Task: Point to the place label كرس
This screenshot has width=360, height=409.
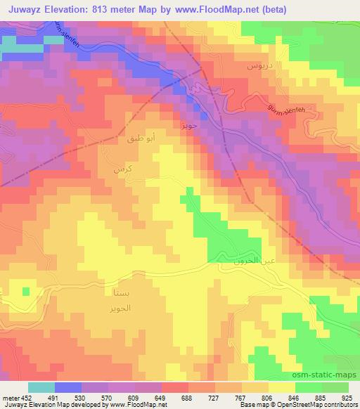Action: point(123,170)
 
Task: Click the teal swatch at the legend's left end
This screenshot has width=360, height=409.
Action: point(41,387)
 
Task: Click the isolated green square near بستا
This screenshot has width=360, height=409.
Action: point(27,291)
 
